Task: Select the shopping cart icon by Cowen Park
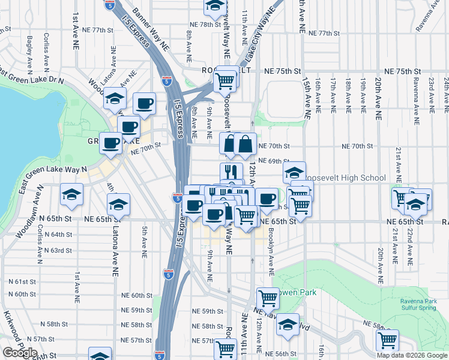pyautogui.click(x=268, y=297)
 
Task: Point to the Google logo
pyautogui.click(x=20, y=353)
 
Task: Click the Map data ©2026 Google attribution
pyautogui.click(x=412, y=355)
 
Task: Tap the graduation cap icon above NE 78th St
pyautogui.click(x=214, y=7)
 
